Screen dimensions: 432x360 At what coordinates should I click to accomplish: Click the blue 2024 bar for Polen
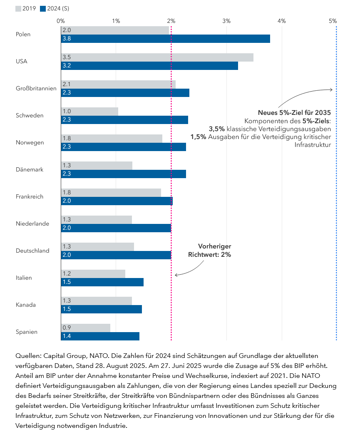tap(166, 39)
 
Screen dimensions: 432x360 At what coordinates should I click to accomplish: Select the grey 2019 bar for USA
tap(157, 57)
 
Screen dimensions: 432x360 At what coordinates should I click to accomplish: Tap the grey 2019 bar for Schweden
tap(89, 112)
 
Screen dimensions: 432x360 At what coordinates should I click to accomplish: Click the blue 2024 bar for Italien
tap(102, 282)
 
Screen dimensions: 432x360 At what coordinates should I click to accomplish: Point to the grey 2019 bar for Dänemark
tap(97, 166)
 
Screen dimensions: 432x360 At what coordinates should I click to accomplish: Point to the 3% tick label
tap(226, 21)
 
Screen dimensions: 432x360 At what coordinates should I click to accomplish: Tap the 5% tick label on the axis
tap(333, 21)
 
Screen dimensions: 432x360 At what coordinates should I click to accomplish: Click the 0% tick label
tap(61, 21)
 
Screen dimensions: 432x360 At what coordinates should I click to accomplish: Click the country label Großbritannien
tap(36, 88)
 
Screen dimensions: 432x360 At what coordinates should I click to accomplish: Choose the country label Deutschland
tap(32, 251)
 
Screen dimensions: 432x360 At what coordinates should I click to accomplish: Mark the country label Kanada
tap(25, 305)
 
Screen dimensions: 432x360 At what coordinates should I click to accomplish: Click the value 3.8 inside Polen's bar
tap(67, 39)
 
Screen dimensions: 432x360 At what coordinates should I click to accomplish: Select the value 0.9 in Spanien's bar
tap(67, 328)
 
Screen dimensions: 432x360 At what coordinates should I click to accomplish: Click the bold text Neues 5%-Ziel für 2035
tap(294, 112)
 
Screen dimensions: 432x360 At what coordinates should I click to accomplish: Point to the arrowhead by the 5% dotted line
tap(331, 89)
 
